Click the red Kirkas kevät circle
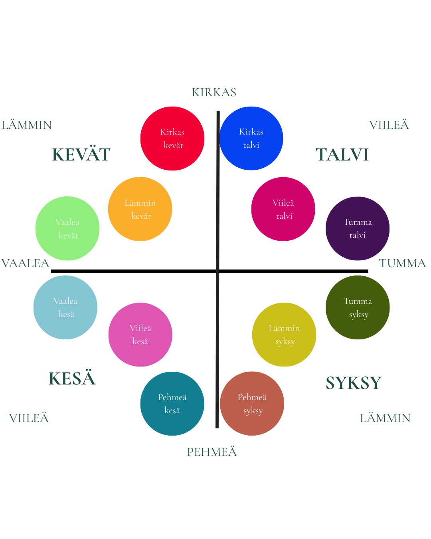pos(172,139)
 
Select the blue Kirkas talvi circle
pos(251,138)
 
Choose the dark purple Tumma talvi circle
pos(357,228)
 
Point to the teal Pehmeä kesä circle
pos(172,404)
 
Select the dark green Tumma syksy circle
pos(358,307)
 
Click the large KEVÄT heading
pos(80,155)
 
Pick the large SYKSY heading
pos(351,382)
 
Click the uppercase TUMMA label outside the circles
pos(401,264)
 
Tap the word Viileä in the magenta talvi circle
pos(283,203)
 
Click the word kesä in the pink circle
pos(140,341)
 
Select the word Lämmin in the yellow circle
pos(284,328)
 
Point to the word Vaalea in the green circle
pos(67,222)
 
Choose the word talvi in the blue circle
pos(251,145)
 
